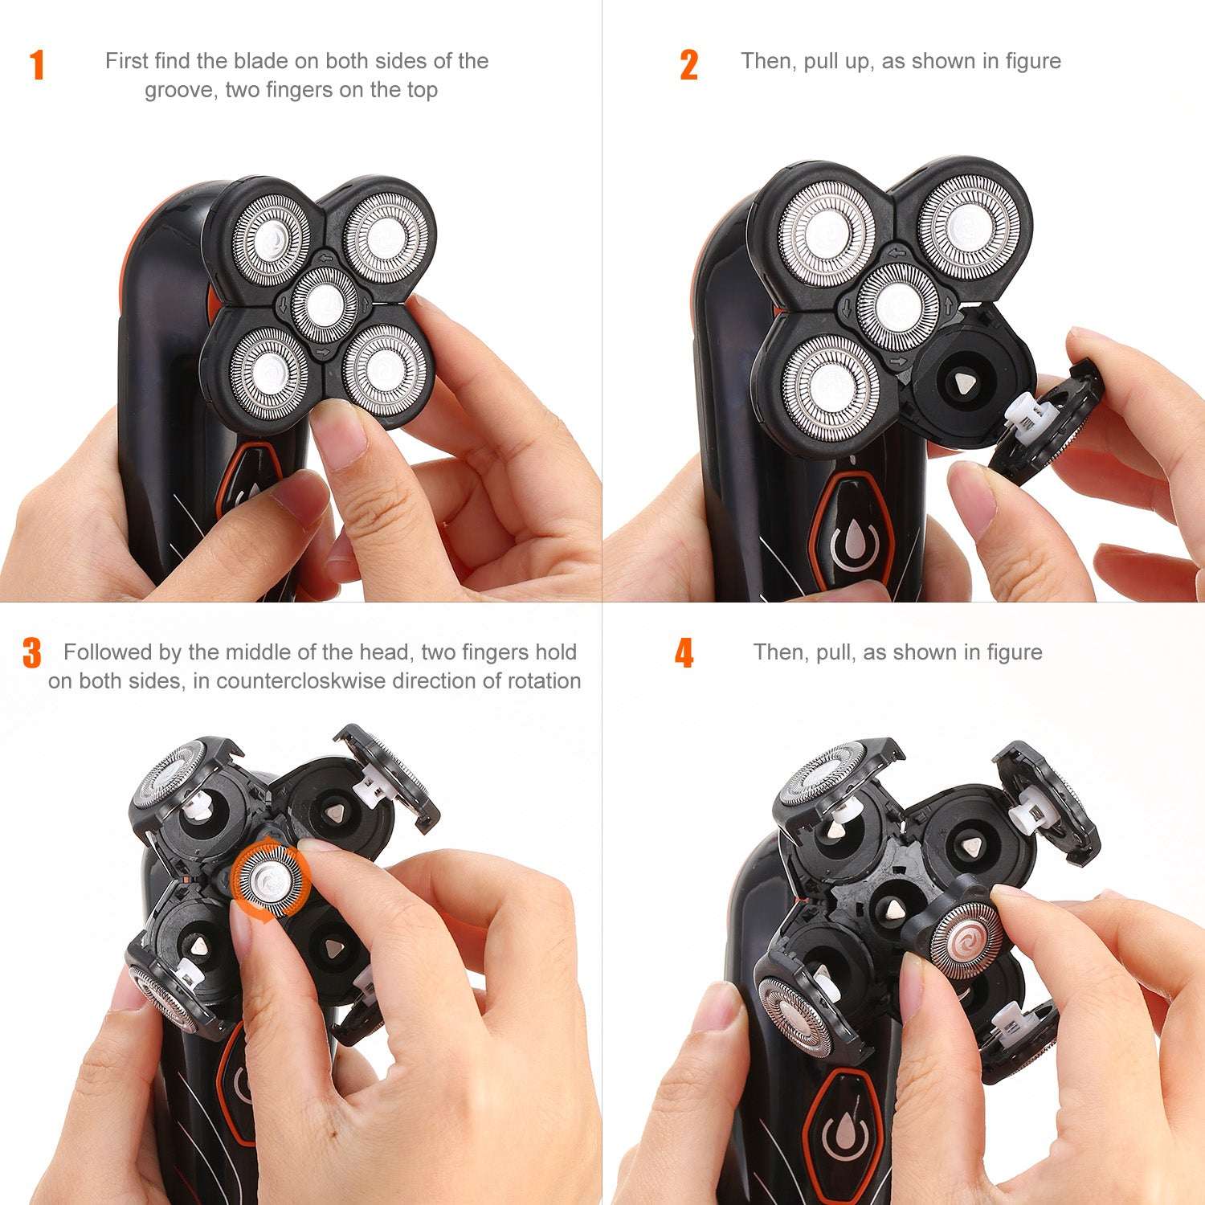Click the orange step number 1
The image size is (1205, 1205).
[37, 65]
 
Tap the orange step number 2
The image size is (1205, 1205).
[688, 65]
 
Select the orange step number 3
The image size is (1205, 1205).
[32, 653]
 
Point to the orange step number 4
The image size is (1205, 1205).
[684, 653]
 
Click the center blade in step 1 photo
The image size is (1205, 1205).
[324, 304]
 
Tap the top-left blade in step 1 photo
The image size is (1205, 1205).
[271, 235]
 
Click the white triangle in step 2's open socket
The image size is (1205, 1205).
[962, 384]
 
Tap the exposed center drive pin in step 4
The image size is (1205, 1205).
[894, 908]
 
